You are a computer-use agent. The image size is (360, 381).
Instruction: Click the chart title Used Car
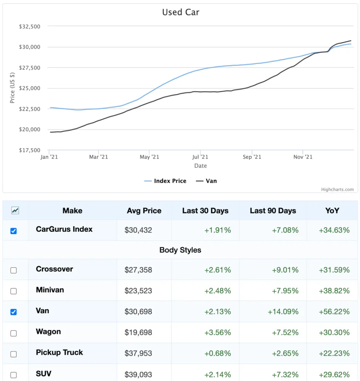(181, 12)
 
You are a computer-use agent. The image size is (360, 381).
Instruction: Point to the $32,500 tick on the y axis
(29, 26)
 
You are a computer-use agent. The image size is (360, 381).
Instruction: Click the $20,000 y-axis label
(29, 129)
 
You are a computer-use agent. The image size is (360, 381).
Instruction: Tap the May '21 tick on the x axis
(150, 157)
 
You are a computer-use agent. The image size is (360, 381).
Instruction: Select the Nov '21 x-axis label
(303, 157)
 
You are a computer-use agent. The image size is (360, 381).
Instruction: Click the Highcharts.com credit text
(337, 189)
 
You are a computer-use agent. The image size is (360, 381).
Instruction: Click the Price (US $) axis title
(12, 88)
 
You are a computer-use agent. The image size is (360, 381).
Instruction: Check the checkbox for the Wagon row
(14, 333)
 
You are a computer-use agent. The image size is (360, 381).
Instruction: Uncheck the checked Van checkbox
(14, 312)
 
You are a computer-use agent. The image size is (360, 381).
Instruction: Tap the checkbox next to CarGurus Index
(14, 231)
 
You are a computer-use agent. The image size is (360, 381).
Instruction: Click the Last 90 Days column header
(273, 211)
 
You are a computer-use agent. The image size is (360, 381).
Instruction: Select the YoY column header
(332, 211)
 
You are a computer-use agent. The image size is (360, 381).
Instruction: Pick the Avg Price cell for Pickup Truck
(138, 353)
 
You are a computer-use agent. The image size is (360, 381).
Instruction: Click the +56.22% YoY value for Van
(334, 311)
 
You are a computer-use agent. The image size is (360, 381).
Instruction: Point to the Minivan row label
(50, 290)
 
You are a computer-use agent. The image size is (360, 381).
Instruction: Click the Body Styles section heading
(180, 250)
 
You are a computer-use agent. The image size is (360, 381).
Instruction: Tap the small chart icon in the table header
(15, 211)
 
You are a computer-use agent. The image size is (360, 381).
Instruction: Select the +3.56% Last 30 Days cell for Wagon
(217, 332)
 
